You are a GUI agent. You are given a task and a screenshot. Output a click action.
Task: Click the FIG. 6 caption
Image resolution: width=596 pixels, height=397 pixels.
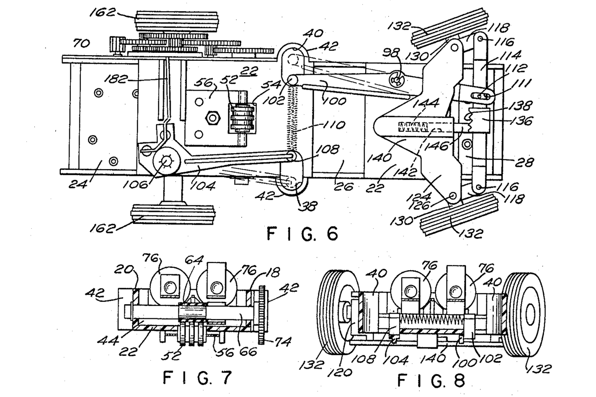(303, 234)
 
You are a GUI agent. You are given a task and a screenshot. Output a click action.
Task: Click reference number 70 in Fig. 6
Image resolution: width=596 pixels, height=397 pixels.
(81, 43)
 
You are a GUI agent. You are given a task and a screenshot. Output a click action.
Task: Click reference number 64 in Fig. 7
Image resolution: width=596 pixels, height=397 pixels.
(195, 260)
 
